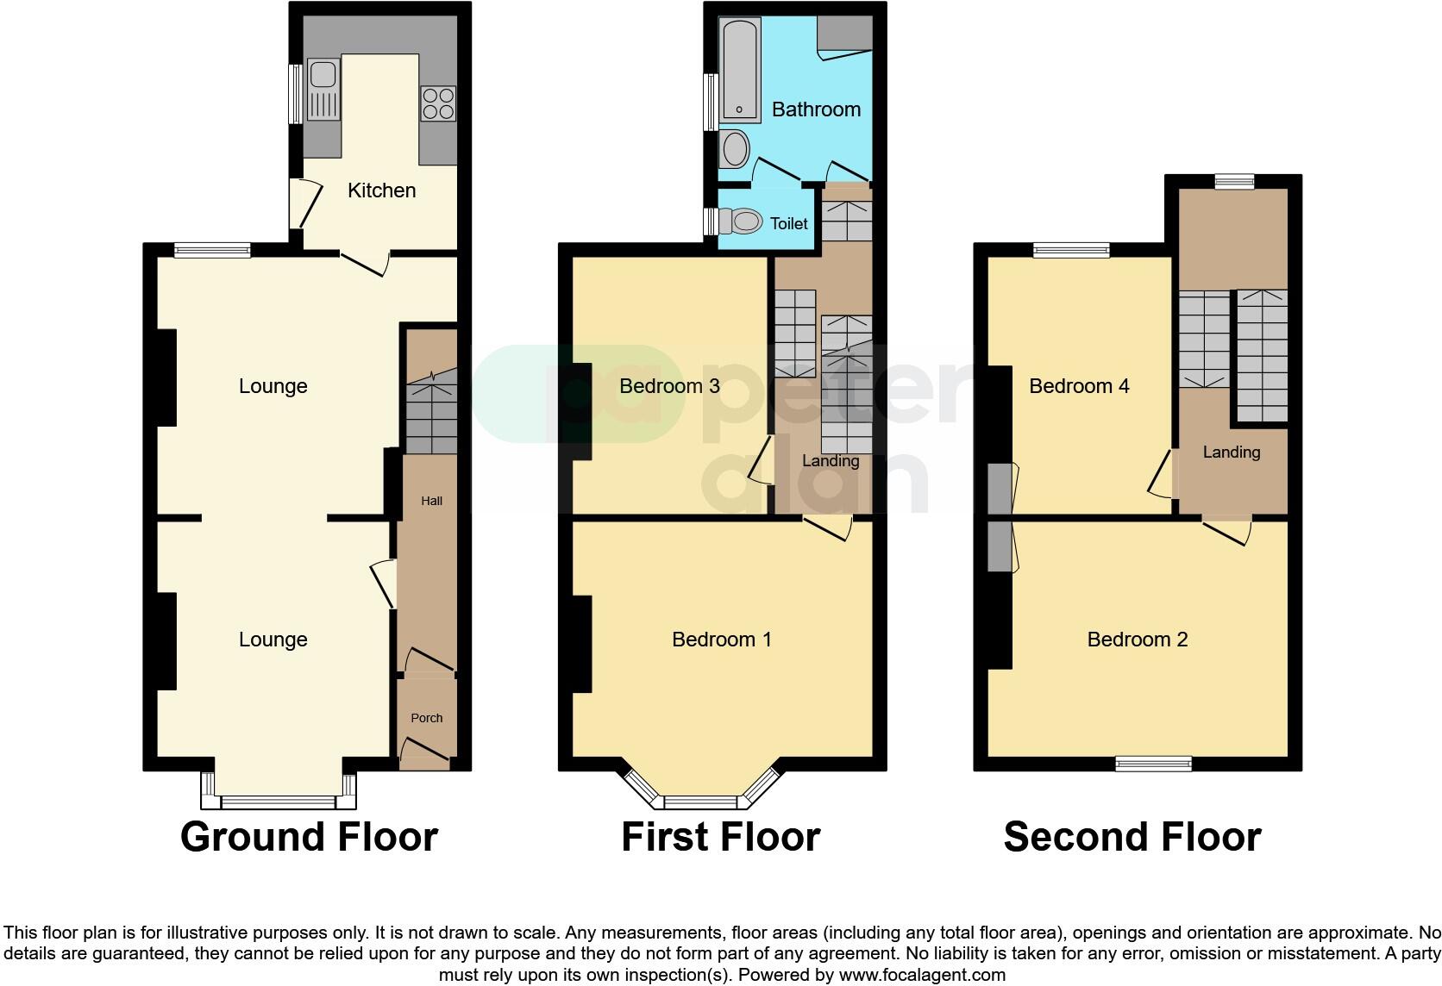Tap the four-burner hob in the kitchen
tap(437, 103)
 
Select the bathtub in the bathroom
tap(740, 69)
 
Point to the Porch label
tap(427, 718)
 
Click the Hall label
tap(431, 501)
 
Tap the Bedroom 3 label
tap(669, 386)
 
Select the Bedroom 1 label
tap(721, 640)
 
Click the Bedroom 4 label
tap(1079, 386)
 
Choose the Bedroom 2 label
tap(1137, 640)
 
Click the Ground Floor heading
tap(309, 837)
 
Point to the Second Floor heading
tap(1132, 837)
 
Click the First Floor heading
tap(720, 837)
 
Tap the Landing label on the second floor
tap(1231, 452)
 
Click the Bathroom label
tap(816, 109)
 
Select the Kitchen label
tap(381, 190)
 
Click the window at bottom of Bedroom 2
tap(1153, 764)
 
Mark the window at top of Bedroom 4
tap(1071, 251)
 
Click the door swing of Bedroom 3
tap(759, 461)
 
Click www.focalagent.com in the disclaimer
tap(922, 976)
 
